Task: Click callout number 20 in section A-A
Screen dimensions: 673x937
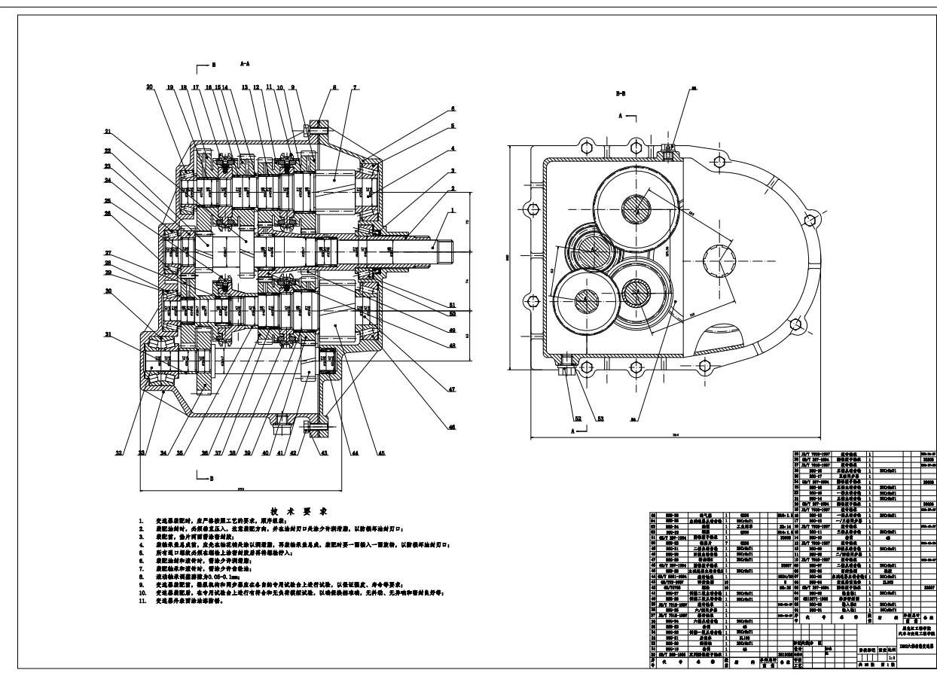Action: pos(150,87)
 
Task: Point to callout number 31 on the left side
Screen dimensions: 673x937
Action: pos(108,335)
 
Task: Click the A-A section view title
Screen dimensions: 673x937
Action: pos(246,65)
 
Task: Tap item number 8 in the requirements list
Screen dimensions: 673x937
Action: pos(141,571)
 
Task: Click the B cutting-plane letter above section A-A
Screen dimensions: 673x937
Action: pos(213,66)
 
